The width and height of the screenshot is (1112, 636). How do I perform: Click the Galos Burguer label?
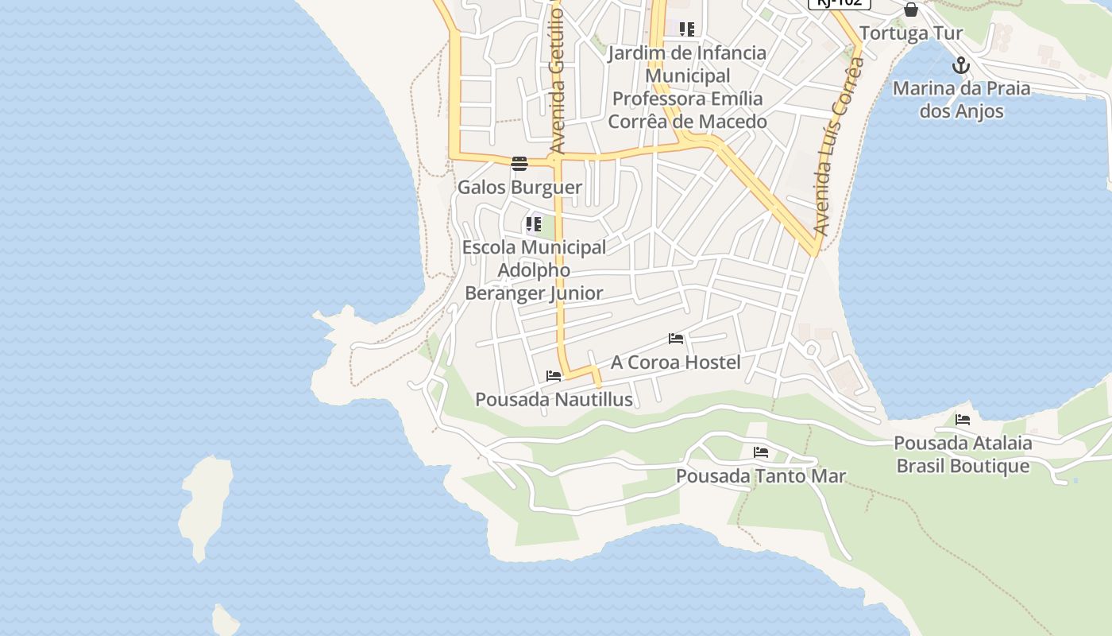[519, 188]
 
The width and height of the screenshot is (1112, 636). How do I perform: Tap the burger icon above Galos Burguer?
[519, 164]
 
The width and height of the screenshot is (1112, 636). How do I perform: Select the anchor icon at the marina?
[962, 65]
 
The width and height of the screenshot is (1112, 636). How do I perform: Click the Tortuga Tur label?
[911, 33]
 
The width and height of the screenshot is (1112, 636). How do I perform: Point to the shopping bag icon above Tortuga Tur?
[911, 10]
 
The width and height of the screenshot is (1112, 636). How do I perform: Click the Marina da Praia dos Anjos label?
[962, 99]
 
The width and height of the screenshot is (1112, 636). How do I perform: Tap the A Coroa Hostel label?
[675, 363]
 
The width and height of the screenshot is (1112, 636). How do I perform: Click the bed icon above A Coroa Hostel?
[676, 339]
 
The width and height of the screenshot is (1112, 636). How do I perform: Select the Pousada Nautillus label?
[554, 399]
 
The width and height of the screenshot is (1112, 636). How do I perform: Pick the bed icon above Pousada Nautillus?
[554, 376]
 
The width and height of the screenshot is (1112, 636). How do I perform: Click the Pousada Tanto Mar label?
[760, 476]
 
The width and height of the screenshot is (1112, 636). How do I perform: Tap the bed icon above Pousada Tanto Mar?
[761, 452]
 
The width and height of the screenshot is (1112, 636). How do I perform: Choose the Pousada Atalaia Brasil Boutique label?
[963, 454]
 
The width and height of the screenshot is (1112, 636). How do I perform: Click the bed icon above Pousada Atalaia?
[963, 419]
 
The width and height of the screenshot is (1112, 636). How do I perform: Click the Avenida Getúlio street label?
[558, 79]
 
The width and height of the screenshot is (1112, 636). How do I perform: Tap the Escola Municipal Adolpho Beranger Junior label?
[534, 270]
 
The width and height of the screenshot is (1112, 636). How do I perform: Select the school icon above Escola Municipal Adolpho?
[534, 224]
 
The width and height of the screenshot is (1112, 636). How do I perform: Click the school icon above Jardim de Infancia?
[687, 29]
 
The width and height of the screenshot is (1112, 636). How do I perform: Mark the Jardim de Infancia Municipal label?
[687, 87]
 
